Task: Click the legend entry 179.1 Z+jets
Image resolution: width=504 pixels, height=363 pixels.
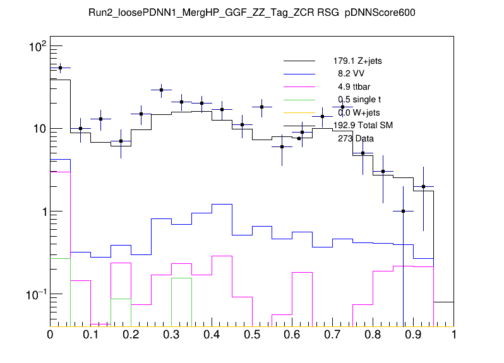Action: [x=357, y=61]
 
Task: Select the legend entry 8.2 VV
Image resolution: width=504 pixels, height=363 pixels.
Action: [x=351, y=73]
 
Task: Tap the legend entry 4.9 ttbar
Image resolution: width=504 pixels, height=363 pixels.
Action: [x=354, y=86]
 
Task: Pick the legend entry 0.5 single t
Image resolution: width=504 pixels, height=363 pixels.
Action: [x=359, y=99]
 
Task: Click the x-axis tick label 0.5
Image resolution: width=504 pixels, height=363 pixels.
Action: [x=252, y=335]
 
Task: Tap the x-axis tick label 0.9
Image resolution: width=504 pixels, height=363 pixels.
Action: [x=414, y=335]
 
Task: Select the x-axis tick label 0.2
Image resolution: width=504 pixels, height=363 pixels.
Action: [x=131, y=335]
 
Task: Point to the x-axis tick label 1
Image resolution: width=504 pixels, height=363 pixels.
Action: [x=453, y=335]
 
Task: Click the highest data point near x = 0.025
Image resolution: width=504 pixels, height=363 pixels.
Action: [x=60, y=68]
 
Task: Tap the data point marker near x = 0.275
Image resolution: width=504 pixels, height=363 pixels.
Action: [x=161, y=90]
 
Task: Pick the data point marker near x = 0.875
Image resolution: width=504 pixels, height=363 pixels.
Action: [x=403, y=211]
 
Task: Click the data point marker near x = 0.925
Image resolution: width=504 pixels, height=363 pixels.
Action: [x=423, y=186]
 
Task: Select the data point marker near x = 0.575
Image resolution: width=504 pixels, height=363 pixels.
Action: [x=282, y=146]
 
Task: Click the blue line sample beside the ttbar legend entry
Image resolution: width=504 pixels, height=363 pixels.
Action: [x=299, y=86]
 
